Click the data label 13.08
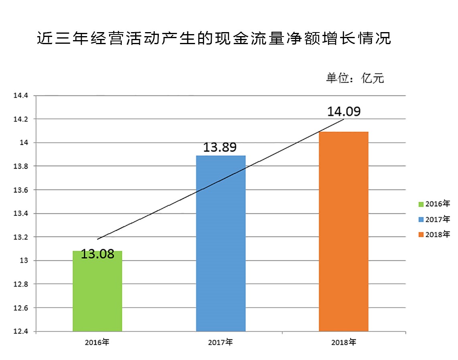pyautogui.click(x=97, y=254)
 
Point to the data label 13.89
pyautogui.click(x=219, y=148)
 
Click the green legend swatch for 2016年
pyautogui.click(x=421, y=204)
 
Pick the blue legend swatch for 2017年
pyautogui.click(x=421, y=219)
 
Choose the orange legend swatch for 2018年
pyautogui.click(x=421, y=234)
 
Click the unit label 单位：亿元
pyautogui.click(x=355, y=78)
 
